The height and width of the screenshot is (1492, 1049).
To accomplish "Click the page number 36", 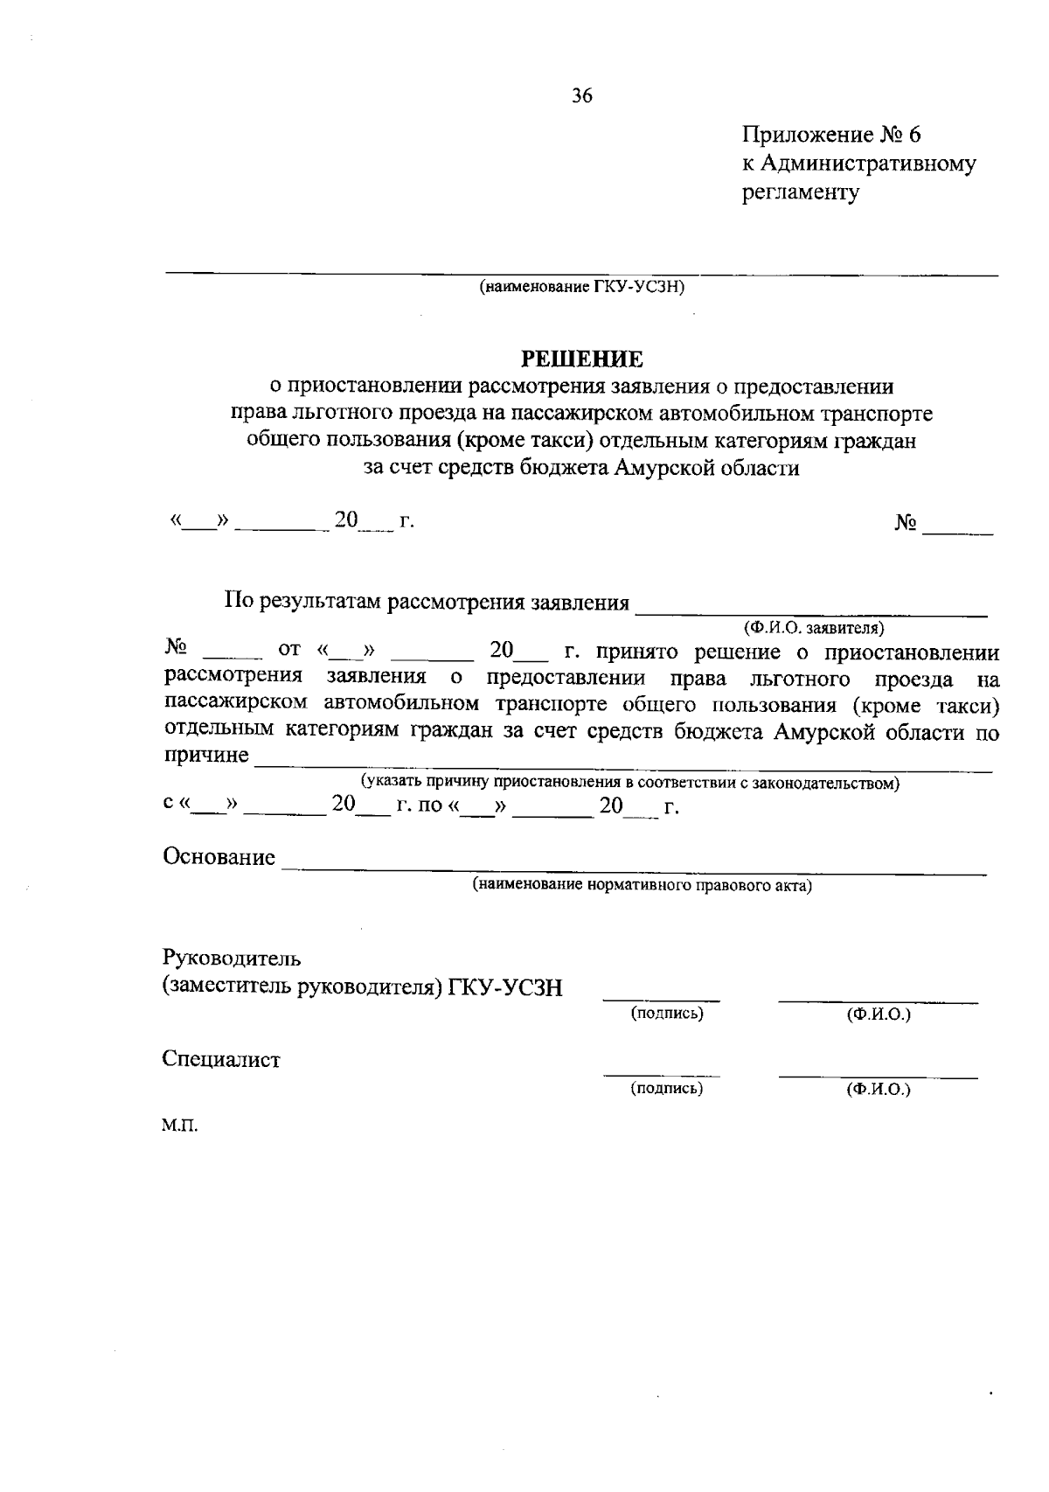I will (582, 96).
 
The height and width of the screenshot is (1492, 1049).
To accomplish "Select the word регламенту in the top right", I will (801, 192).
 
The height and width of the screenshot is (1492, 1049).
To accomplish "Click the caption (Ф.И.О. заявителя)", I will (814, 628).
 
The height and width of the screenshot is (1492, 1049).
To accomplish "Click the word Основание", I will (219, 857).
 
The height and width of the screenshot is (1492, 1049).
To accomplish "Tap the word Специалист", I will (221, 1060).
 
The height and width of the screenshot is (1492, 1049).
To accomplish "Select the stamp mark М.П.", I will (179, 1126).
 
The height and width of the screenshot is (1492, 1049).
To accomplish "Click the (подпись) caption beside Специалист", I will (667, 1089).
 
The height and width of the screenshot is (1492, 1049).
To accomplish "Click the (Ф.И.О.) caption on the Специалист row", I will (878, 1090).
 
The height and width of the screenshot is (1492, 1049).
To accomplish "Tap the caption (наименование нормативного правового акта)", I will (642, 886).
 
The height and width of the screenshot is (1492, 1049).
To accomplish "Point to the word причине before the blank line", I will (206, 755).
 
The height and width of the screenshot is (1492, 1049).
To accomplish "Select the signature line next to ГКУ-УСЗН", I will (661, 996).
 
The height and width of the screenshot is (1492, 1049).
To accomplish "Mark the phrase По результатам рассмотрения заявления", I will (427, 603).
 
